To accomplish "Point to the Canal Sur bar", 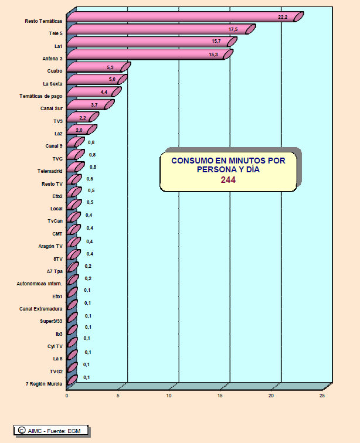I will point(88,106).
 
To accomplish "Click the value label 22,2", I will point(283,18).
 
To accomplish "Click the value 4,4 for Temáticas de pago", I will point(104,93).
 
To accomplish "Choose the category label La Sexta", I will point(52,84).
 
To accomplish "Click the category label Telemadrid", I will point(49,171).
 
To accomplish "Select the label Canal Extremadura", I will point(40,308).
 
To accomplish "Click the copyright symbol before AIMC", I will point(21,431).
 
